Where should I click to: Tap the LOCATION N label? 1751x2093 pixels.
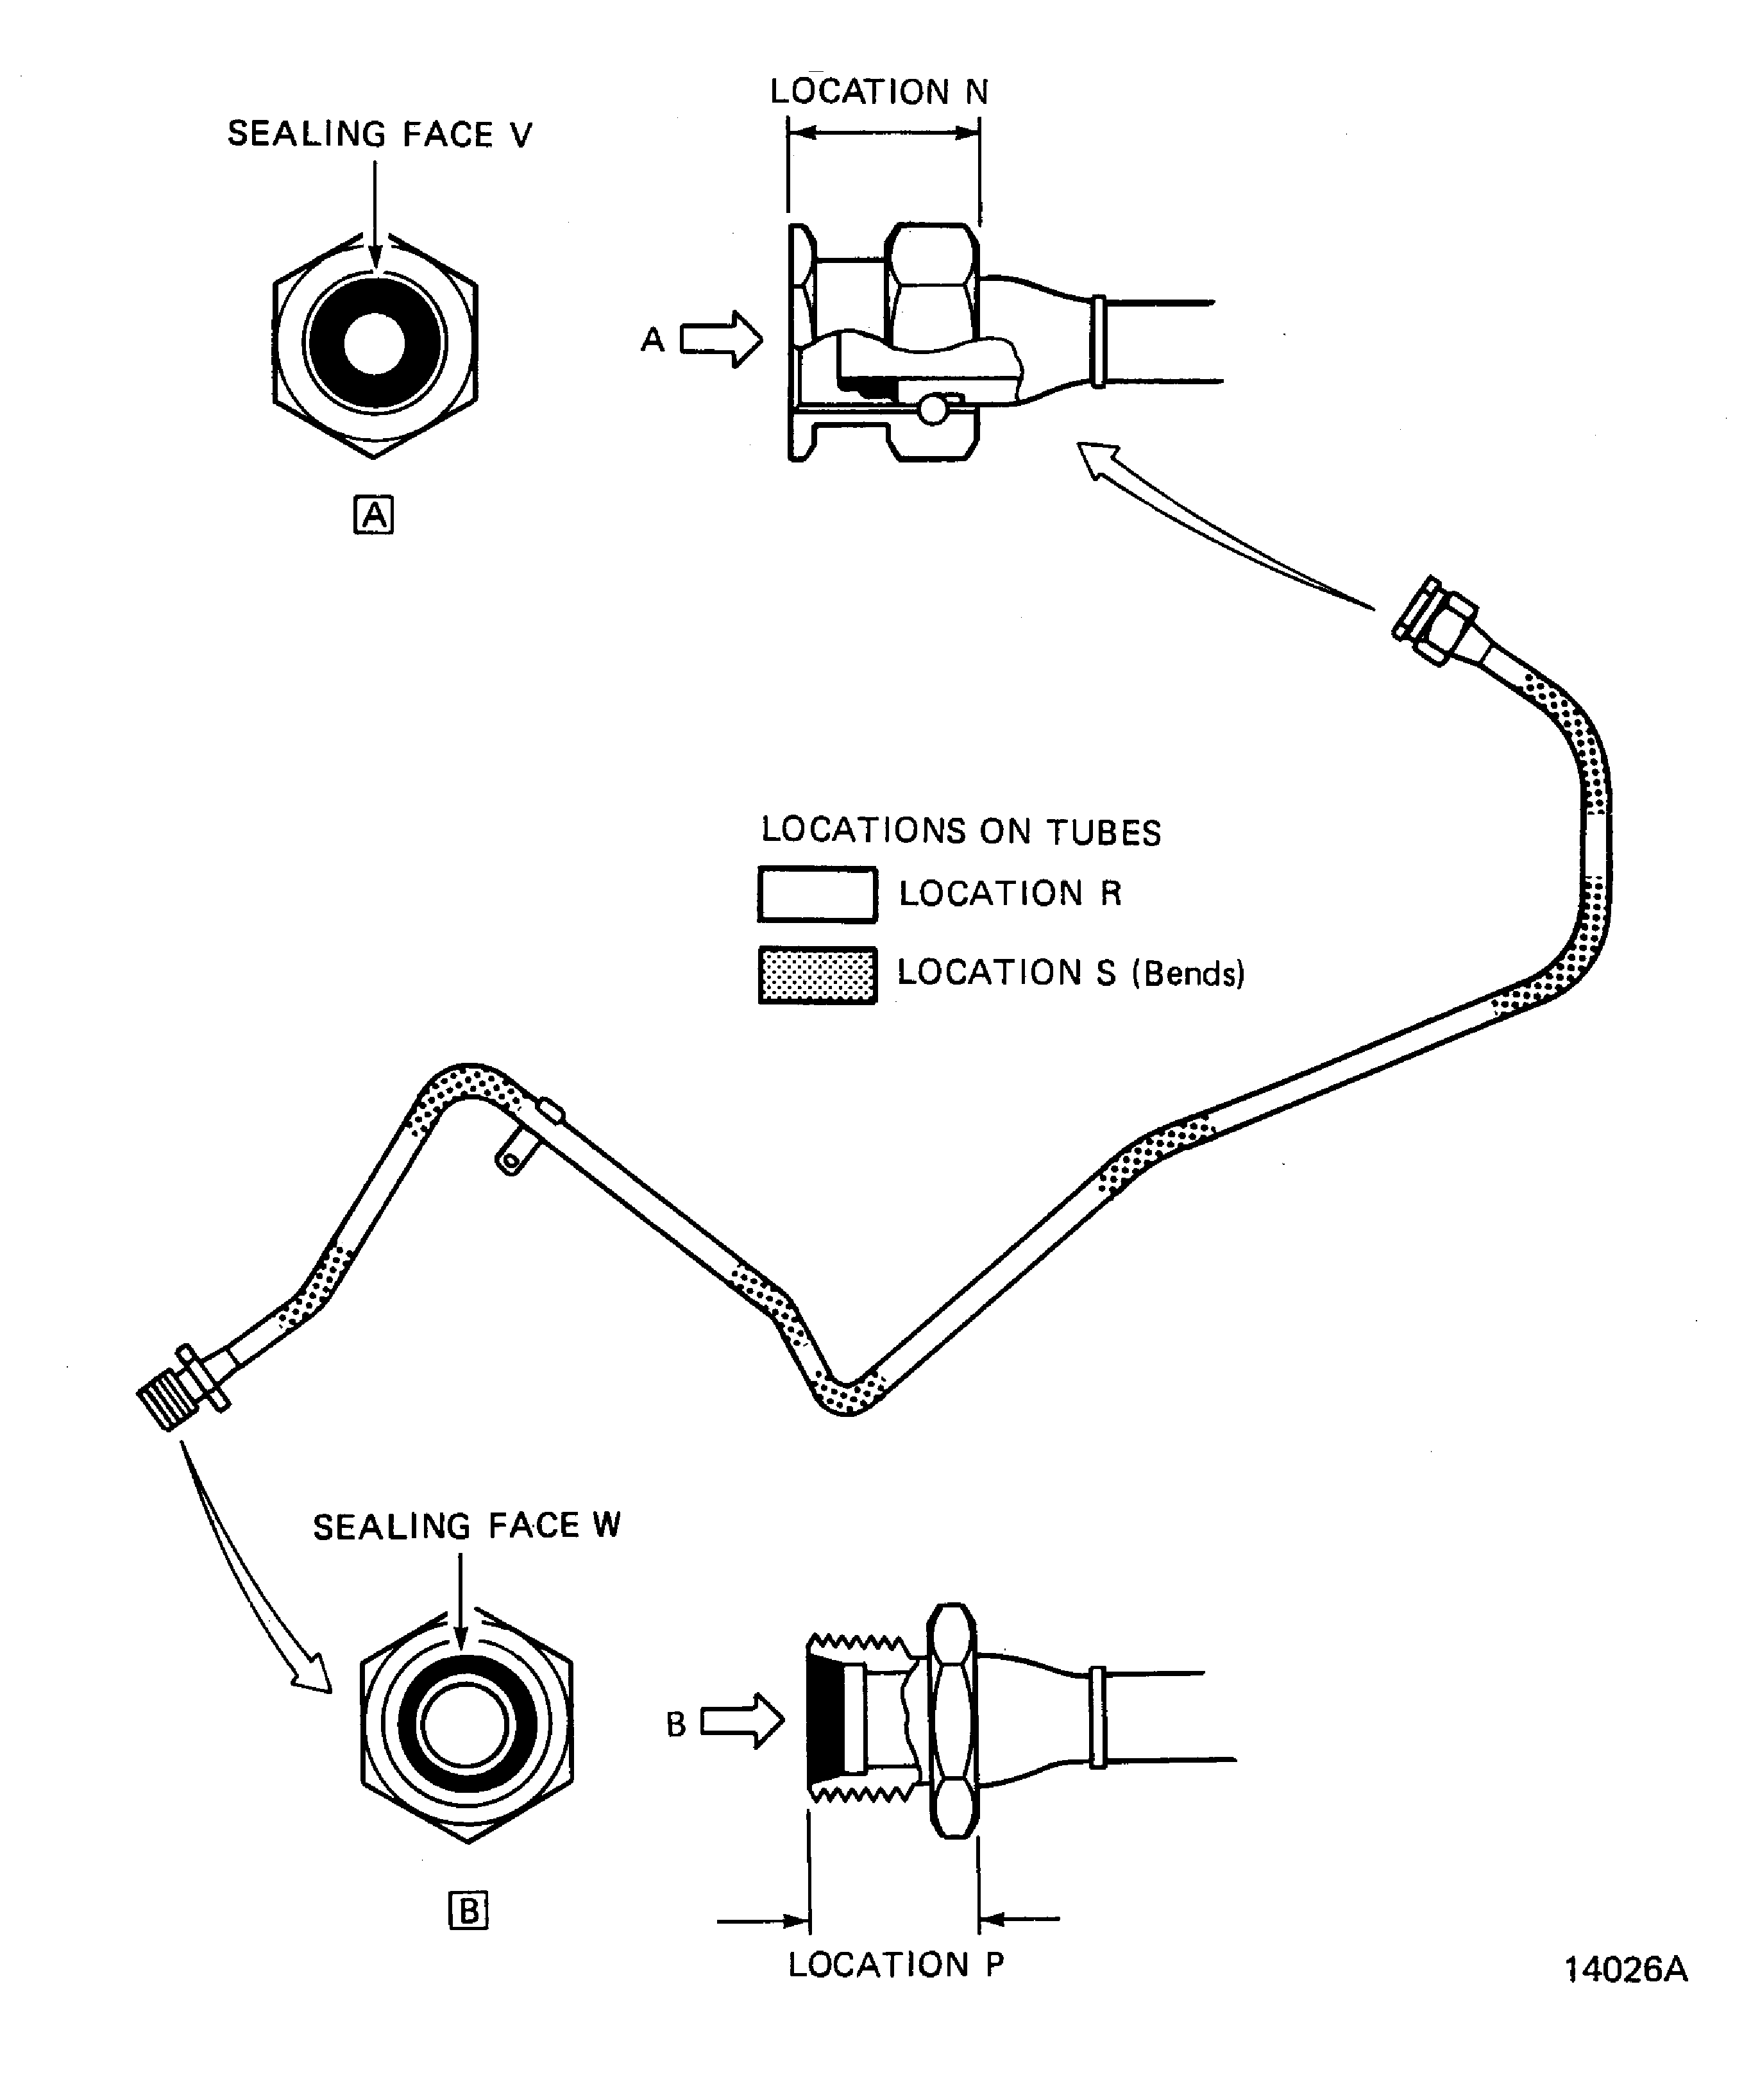pos(879,92)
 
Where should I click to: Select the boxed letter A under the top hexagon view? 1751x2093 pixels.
pos(374,515)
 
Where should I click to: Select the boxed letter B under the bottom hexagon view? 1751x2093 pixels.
pos(468,1911)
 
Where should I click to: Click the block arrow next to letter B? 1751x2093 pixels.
pos(743,1721)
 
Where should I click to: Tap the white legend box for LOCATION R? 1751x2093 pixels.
pos(817,894)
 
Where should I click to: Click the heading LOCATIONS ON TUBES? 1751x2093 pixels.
pos(961,831)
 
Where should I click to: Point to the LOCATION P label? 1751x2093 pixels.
pos(895,1965)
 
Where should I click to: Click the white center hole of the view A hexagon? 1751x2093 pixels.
pos(374,344)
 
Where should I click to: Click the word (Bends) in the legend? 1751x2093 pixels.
pos(1188,974)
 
